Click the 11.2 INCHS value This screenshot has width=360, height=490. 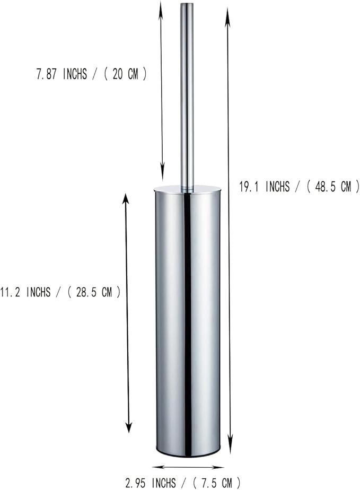coord(25,292)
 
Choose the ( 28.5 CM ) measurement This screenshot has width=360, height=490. coord(94,292)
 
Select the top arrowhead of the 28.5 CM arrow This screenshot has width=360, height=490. coord(126,199)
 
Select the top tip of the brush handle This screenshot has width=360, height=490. coord(187,5)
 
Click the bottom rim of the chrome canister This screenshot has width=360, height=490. coord(188,454)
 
